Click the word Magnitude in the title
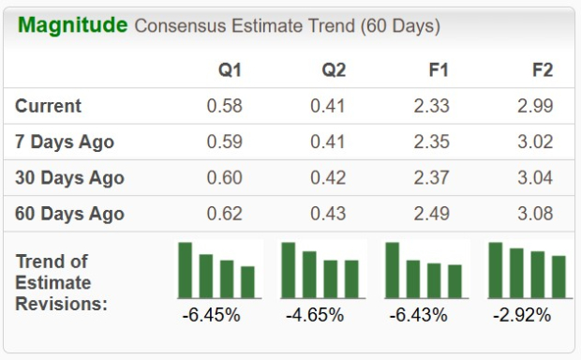coord(73,24)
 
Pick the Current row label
coord(48,106)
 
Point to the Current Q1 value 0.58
coord(224,106)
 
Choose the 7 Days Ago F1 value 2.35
coord(431,142)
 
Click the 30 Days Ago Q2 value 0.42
coord(328,177)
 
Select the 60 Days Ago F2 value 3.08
coord(534,213)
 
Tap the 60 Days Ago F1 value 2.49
coord(431,213)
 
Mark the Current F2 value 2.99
coord(534,106)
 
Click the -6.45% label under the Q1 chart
coord(211,315)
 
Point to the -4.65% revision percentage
coord(315,315)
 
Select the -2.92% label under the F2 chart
coord(521,315)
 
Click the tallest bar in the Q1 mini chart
coord(186,269)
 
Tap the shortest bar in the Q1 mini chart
coord(247,281)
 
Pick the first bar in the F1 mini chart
coord(393,269)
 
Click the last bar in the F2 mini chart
coord(559,276)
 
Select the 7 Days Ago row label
coord(65,142)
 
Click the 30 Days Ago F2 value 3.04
coord(534,177)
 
